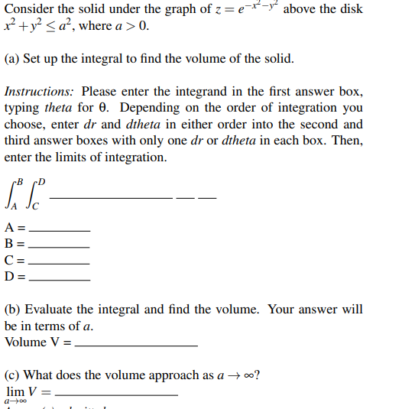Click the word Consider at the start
click(28, 9)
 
